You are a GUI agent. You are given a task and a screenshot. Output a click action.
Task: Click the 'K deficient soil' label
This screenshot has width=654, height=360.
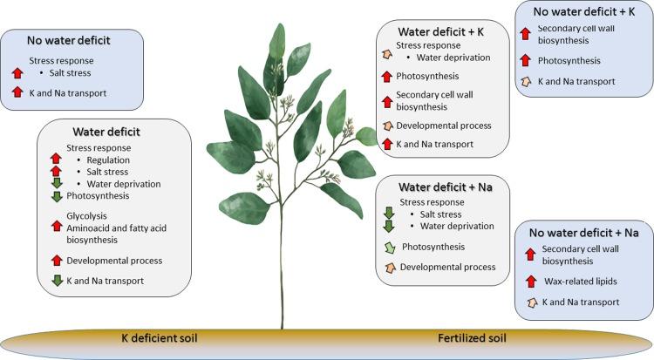coord(164,336)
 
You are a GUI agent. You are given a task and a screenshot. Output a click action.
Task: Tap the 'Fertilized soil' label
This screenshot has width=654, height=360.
coord(470,336)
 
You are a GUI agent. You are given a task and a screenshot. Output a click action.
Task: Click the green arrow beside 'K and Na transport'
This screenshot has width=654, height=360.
coord(57,281)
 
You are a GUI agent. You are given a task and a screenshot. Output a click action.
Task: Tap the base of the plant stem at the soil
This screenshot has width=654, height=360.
coord(282,328)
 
